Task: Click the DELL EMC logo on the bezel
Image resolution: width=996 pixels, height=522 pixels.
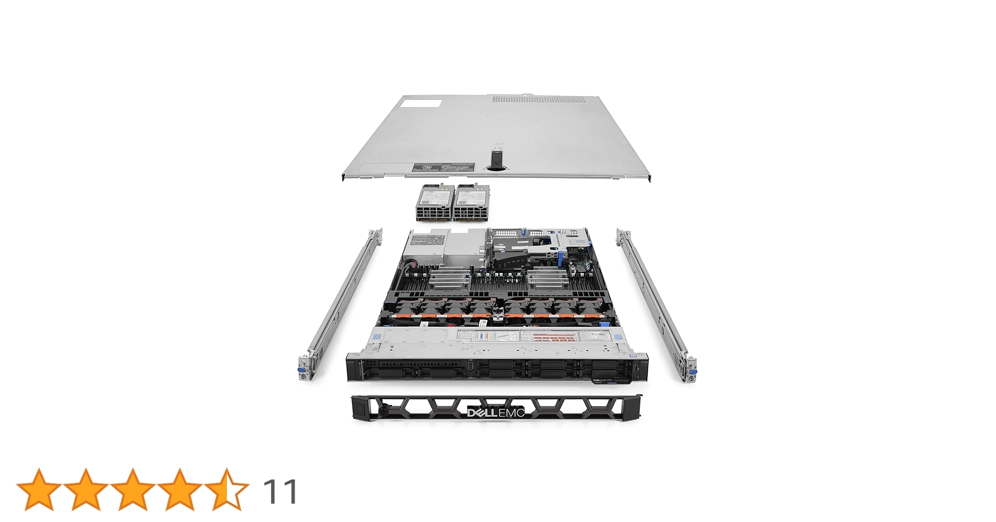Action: tap(495, 413)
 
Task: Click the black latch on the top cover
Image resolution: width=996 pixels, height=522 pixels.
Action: tap(496, 159)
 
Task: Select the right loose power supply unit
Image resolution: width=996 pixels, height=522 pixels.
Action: tap(471, 202)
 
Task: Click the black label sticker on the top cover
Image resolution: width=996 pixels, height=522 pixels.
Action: tap(443, 167)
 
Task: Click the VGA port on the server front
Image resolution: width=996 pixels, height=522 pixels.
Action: tap(471, 365)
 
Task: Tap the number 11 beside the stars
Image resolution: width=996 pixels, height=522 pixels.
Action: tap(280, 491)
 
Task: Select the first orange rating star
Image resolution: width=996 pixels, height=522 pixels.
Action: tap(39, 489)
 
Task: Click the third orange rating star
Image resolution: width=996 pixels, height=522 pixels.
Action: tap(132, 489)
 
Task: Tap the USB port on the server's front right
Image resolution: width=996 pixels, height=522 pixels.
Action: tap(636, 370)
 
